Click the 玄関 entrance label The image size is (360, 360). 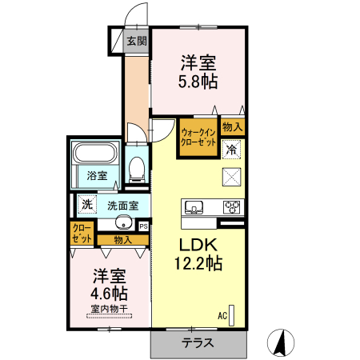point(137,41)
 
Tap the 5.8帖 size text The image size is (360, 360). point(198,82)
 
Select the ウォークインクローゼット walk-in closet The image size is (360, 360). point(198,138)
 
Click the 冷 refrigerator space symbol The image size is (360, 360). point(231,150)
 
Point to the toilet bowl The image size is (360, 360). point(137,169)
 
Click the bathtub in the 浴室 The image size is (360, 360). point(96,153)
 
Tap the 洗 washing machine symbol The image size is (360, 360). point(87,205)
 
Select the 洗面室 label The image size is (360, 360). point(123,206)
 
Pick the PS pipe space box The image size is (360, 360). point(144,226)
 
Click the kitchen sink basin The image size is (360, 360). point(194,206)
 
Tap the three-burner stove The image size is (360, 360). point(232,207)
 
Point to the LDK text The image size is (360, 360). point(198,245)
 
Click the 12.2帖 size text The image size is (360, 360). point(198,263)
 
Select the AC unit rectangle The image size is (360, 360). point(231,315)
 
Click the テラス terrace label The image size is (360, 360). point(198,343)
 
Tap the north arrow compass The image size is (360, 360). point(281,342)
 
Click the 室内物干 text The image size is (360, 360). point(110,309)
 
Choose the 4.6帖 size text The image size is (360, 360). point(109,294)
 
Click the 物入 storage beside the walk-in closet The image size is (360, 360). point(233,127)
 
